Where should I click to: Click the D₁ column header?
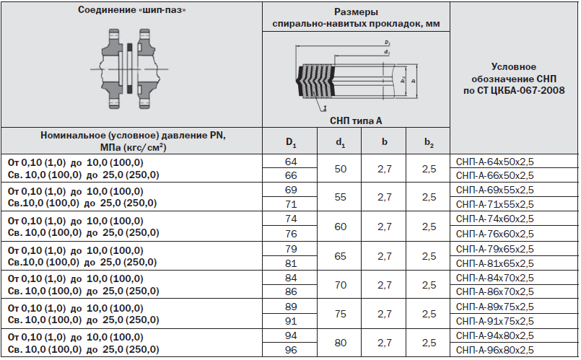click(x=291, y=142)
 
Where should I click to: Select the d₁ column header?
click(x=340, y=142)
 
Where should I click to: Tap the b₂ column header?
click(x=429, y=142)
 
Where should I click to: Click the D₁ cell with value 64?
click(x=291, y=162)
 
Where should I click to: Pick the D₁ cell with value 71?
click(x=291, y=204)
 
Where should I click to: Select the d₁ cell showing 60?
click(x=340, y=227)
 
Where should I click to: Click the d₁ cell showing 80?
click(x=340, y=343)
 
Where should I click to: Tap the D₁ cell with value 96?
click(x=291, y=350)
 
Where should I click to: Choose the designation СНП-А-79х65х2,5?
click(x=494, y=249)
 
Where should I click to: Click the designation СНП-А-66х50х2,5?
click(x=494, y=175)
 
